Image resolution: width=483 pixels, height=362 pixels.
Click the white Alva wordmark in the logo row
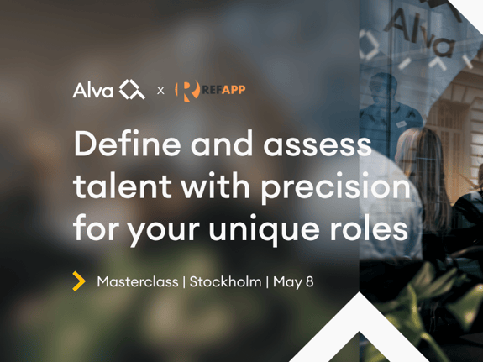[93, 90]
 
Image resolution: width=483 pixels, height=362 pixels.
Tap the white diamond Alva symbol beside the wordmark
[132, 89]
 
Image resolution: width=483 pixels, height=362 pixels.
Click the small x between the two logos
[160, 91]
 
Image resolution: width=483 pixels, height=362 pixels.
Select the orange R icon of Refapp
[187, 91]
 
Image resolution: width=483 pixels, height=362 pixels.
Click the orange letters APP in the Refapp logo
[234, 90]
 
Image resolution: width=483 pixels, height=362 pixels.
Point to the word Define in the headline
[127, 144]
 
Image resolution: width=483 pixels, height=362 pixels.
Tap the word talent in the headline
[122, 186]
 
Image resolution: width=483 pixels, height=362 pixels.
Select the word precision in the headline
[336, 188]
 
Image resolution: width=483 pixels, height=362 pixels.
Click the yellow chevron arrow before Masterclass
[79, 281]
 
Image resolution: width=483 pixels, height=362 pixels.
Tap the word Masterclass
[138, 282]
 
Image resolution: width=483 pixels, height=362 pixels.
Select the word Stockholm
[225, 282]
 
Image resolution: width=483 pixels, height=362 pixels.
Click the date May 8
[293, 282]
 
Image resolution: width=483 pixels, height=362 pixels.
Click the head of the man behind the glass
[383, 89]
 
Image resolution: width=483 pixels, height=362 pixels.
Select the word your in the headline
[164, 232]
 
